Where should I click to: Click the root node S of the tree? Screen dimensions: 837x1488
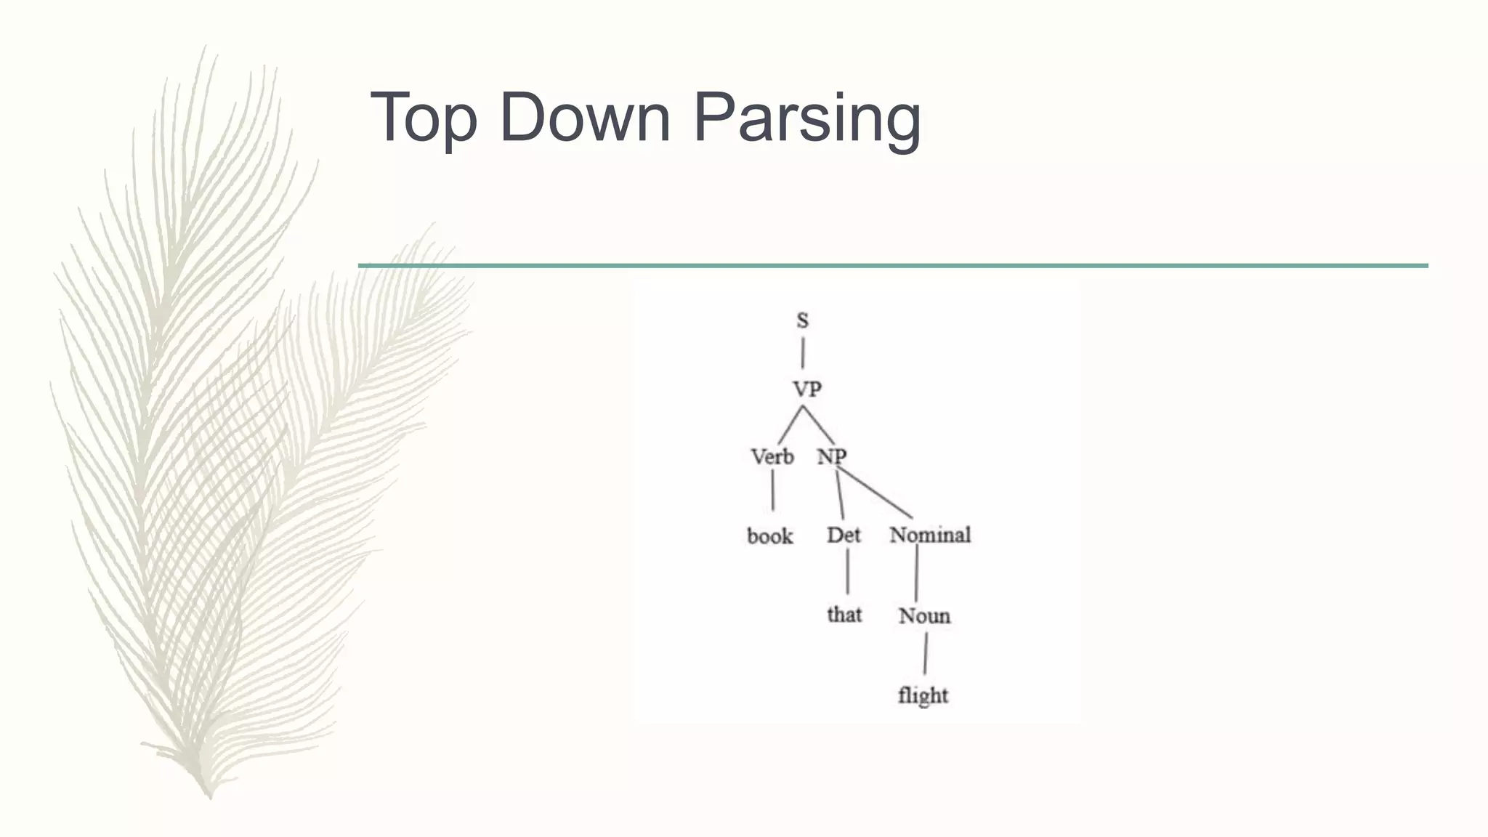point(802,320)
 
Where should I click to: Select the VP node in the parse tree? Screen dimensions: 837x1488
point(806,389)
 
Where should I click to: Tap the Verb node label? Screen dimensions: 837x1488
point(772,457)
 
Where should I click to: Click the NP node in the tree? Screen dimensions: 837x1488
point(831,456)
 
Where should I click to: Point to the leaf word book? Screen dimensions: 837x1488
point(769,537)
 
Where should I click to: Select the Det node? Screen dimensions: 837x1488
point(844,535)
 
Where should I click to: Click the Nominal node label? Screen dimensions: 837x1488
point(930,535)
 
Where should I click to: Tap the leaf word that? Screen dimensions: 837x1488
point(844,615)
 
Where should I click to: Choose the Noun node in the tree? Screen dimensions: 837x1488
point(924,616)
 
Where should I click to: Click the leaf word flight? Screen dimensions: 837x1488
point(923,695)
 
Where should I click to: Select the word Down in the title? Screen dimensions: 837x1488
point(585,117)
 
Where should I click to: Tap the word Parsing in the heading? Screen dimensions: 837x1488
point(806,118)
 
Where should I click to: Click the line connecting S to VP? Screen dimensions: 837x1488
point(803,354)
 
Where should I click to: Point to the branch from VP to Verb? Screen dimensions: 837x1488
point(790,425)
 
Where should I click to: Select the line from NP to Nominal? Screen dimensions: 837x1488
point(876,496)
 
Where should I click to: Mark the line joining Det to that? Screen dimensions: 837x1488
point(847,571)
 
